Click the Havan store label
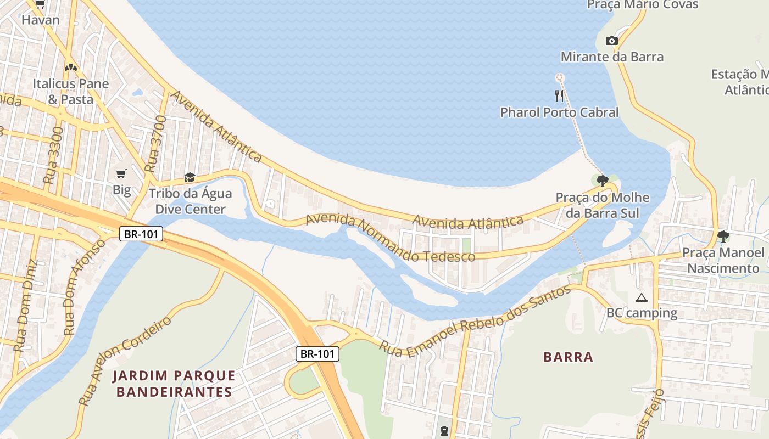(x=40, y=20)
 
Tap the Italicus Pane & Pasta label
(x=70, y=91)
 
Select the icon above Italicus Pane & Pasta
(x=70, y=67)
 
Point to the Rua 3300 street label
(x=53, y=155)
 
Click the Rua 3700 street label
(x=155, y=144)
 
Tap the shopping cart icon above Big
(x=121, y=173)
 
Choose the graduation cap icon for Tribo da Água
(x=190, y=177)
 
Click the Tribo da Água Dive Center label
(x=190, y=201)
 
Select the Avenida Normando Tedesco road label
(x=390, y=238)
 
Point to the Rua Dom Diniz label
(x=25, y=305)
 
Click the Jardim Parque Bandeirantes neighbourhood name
(x=174, y=384)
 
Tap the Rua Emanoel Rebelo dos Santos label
(x=475, y=321)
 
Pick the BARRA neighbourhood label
(x=568, y=357)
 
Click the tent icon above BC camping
(x=641, y=297)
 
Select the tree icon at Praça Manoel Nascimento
(x=723, y=237)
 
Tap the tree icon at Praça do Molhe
(x=603, y=180)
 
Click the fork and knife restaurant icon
(x=559, y=96)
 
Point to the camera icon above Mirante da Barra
(x=611, y=41)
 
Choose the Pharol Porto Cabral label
(x=559, y=112)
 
